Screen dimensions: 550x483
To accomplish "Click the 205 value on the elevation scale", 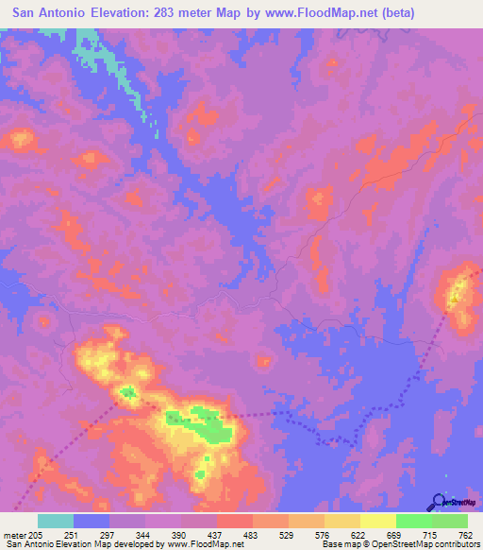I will (35, 534).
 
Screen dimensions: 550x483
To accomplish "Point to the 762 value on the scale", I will (465, 534).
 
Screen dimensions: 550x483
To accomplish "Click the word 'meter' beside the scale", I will (13, 534).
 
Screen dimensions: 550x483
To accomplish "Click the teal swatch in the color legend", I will (56, 521).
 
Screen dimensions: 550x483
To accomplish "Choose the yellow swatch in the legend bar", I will (377, 521).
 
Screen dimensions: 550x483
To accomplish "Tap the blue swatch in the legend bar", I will (92, 521).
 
